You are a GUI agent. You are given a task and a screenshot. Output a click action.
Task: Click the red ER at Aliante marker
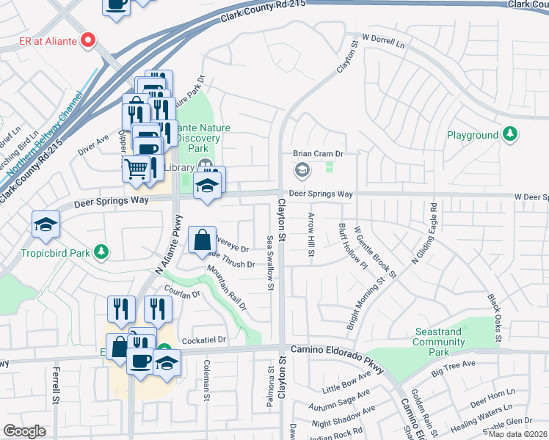[x=90, y=40]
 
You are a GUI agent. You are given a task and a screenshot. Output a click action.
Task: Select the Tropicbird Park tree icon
[x=103, y=252]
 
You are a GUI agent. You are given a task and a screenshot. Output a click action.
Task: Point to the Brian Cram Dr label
[x=319, y=154]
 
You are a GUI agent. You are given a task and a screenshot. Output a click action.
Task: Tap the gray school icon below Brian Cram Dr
[x=301, y=171]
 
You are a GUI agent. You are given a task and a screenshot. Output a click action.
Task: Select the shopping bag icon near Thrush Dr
[x=202, y=239]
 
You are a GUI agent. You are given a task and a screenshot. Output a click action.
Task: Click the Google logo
[x=24, y=431]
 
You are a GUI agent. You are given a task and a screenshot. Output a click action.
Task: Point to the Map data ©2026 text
[x=517, y=434]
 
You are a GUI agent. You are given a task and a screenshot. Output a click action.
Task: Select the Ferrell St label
[x=56, y=386]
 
